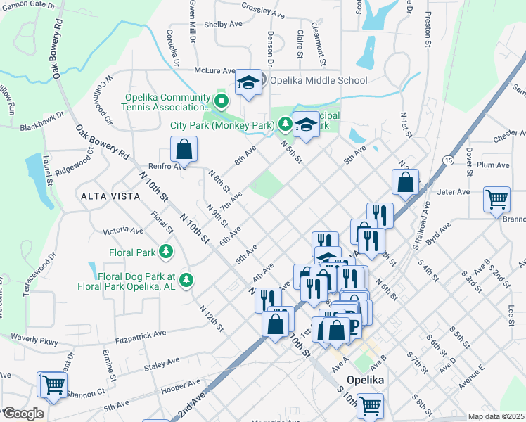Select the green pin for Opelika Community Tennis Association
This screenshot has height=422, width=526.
coord(222,102)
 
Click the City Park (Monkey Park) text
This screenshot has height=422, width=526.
coord(222,125)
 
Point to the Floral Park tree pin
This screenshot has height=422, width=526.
coord(165,251)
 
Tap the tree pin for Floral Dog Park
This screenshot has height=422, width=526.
coord(186,280)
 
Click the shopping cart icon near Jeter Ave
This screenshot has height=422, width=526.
coord(496,200)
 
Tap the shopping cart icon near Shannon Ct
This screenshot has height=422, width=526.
coord(52,385)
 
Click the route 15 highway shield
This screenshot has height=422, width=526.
coord(448,161)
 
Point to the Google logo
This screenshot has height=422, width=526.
coord(23,413)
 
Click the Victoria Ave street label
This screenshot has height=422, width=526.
coord(123,231)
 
